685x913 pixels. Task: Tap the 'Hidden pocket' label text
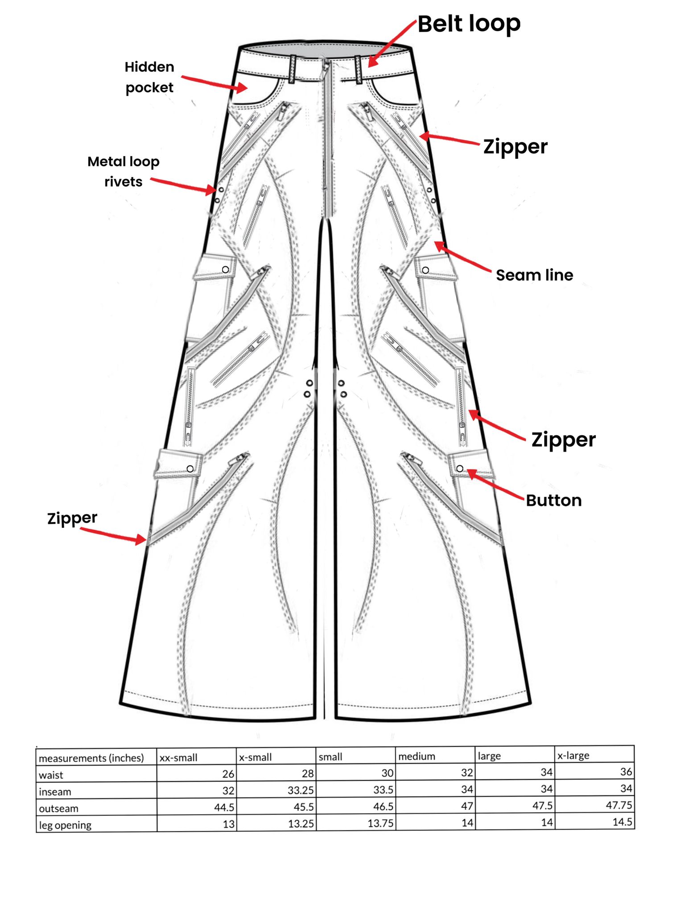pos(149,77)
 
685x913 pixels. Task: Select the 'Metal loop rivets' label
pos(123,172)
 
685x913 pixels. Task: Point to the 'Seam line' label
pos(534,275)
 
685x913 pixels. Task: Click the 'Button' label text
pos(553,500)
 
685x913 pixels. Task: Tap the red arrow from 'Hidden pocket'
pos(214,82)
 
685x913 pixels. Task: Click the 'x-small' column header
pos(256,757)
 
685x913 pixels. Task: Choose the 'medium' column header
pos(417,756)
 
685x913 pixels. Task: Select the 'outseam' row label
pos(58,808)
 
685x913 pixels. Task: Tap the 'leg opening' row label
pos(65,825)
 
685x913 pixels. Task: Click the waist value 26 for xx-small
pos(228,774)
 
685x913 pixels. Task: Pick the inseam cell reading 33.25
pos(301,790)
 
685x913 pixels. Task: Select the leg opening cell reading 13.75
pos(380,823)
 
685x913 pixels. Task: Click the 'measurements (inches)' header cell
pos(91,758)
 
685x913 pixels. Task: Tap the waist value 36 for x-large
pos(626,771)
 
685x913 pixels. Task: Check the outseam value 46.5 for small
pos(383,806)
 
